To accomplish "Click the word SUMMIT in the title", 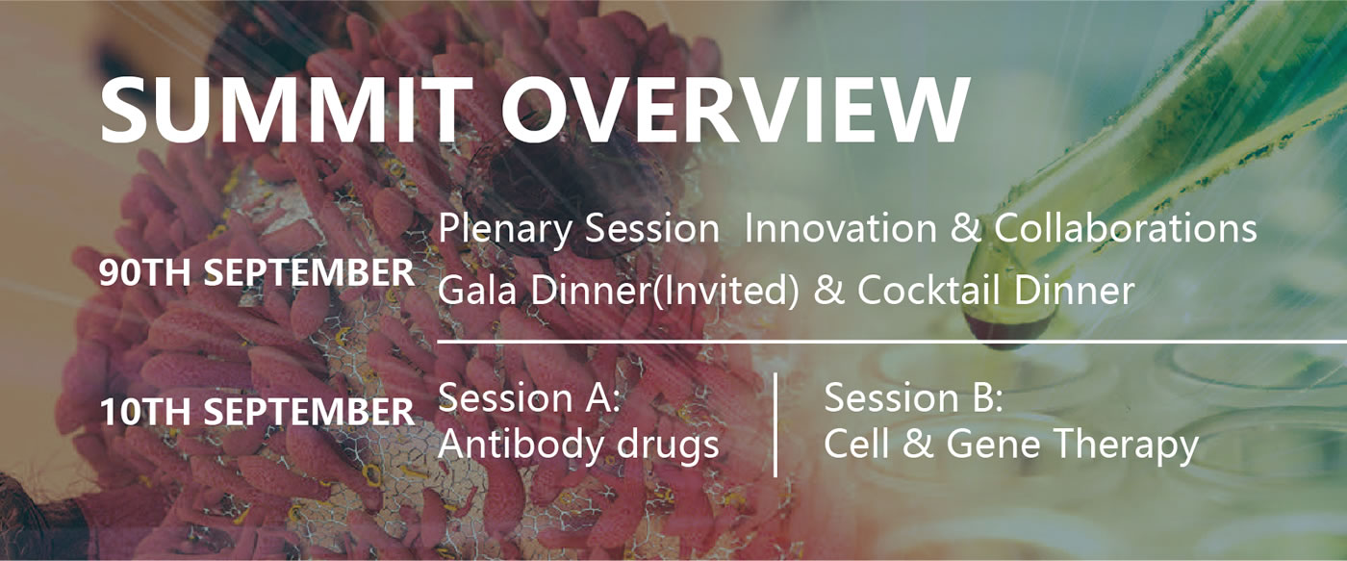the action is coord(287,110).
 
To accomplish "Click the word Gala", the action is coord(477,290).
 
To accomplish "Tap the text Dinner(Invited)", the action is coord(665,291).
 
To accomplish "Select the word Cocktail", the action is coord(928,290).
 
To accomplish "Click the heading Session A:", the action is coord(529,398).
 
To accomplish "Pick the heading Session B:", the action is coord(913,398).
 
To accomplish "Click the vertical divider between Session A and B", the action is coord(776,424).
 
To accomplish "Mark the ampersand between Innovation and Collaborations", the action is coord(964,229).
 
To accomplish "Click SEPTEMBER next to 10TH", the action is coord(309,412).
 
